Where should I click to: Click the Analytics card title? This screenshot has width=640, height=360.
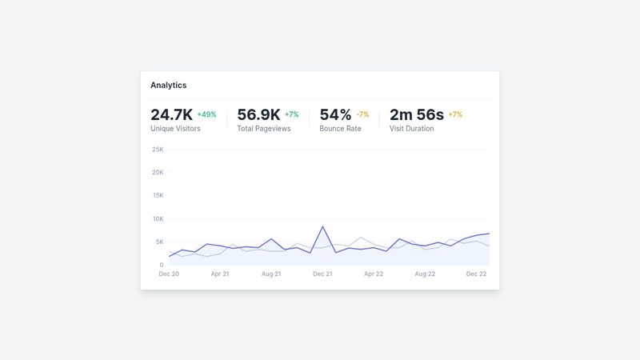(168, 85)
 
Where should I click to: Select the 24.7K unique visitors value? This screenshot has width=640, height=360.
(171, 114)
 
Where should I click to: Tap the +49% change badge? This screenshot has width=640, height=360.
(206, 114)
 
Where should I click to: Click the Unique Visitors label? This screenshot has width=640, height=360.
(175, 128)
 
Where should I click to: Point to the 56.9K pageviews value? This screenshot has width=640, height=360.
(258, 114)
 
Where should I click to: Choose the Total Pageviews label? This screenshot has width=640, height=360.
(263, 128)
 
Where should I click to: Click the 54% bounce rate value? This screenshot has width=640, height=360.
(335, 114)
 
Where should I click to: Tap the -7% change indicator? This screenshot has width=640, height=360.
(362, 114)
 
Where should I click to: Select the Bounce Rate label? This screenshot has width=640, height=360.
(340, 128)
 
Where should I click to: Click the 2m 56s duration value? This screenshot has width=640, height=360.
(416, 114)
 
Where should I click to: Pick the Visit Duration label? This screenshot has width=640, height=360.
(411, 128)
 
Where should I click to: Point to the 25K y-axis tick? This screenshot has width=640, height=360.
(158, 150)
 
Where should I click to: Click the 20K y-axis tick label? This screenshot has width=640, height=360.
(158, 173)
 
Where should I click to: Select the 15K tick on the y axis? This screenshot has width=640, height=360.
(158, 196)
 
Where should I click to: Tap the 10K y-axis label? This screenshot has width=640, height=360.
(158, 219)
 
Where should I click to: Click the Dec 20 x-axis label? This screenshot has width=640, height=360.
(169, 274)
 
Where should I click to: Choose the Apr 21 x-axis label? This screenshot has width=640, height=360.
(220, 274)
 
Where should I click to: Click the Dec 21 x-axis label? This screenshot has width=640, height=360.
(322, 274)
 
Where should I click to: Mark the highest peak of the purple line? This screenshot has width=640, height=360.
(323, 226)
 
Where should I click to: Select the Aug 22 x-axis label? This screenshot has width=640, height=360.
(425, 274)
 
